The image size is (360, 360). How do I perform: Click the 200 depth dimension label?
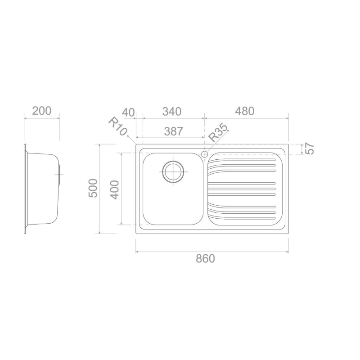[42, 111]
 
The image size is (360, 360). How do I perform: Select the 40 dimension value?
[128, 112]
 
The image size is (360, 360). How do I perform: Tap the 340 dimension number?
[172, 111]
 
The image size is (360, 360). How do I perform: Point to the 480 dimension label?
[245, 111]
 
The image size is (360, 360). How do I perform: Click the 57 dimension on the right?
[309, 148]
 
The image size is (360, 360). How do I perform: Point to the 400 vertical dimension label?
[115, 189]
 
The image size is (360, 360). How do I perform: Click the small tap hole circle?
[205, 154]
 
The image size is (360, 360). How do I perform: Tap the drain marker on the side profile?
[59, 174]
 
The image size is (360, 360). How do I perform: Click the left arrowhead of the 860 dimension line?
[137, 252]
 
